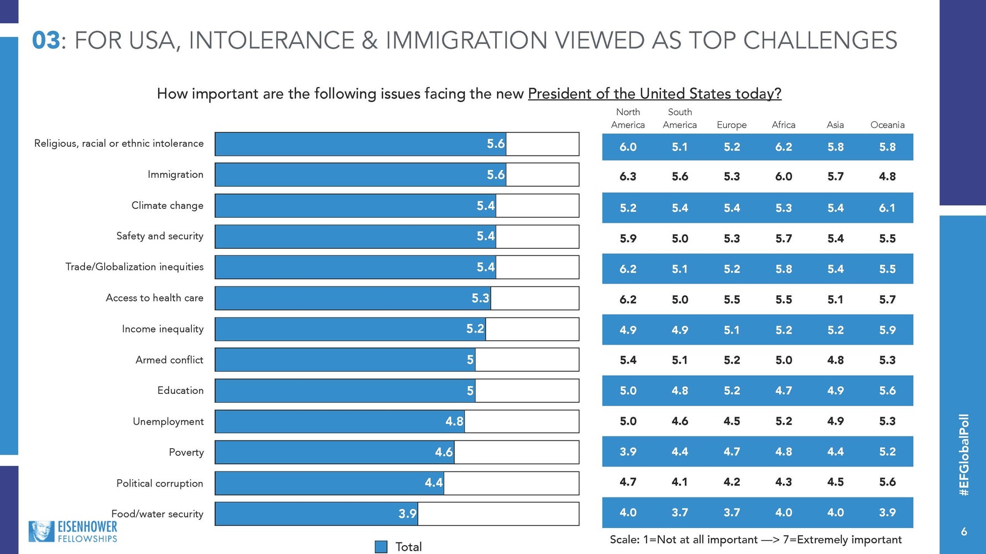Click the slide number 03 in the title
(x=45, y=40)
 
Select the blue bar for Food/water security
(x=316, y=514)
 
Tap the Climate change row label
(x=167, y=206)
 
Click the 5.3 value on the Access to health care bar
(x=480, y=299)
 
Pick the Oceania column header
(x=887, y=125)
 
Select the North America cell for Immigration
(x=628, y=177)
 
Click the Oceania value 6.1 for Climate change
(x=887, y=208)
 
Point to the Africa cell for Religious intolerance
(x=784, y=147)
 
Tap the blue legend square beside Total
(x=381, y=547)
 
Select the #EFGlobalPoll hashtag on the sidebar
(x=964, y=454)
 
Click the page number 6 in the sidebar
(x=964, y=532)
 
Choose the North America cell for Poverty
(x=628, y=452)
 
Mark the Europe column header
(x=731, y=125)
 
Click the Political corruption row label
(x=160, y=484)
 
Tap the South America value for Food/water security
(x=680, y=512)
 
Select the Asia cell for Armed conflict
(x=835, y=360)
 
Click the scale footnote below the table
(x=755, y=540)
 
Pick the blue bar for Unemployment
(x=339, y=422)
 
